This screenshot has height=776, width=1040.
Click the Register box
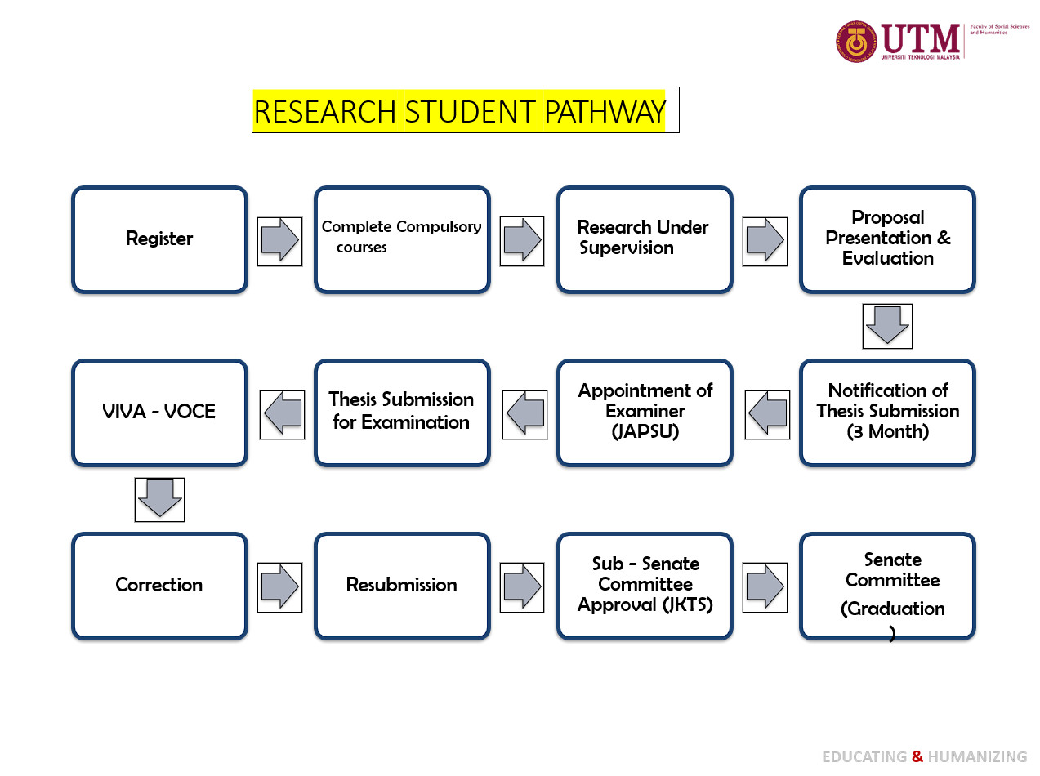[x=159, y=239]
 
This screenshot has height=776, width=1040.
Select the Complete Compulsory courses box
[x=402, y=239]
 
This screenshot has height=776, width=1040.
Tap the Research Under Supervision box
[x=645, y=239]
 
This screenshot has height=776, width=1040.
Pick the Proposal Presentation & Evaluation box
[x=887, y=239]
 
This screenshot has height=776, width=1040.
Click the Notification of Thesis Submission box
[x=887, y=413]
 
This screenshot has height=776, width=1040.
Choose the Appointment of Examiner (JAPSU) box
[x=645, y=413]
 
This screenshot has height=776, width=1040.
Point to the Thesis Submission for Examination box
[x=402, y=413]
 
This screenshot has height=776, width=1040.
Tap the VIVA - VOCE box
[x=159, y=413]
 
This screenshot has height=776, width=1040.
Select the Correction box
[x=159, y=586]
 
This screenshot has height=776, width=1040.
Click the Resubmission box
[x=402, y=586]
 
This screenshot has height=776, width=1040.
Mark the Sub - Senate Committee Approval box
[x=645, y=586]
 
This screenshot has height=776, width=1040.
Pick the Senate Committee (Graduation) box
[x=887, y=586]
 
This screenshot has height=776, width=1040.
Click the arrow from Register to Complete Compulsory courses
[x=279, y=241]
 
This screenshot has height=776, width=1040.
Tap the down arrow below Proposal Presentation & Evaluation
[x=887, y=326]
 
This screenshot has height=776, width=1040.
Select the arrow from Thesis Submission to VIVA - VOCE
[x=282, y=414]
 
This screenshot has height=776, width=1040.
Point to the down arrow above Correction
[x=159, y=499]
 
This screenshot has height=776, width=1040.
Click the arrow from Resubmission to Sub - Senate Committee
[x=522, y=586]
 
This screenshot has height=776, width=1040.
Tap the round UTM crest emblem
[x=855, y=42]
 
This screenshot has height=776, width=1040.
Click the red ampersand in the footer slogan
[x=917, y=756]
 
